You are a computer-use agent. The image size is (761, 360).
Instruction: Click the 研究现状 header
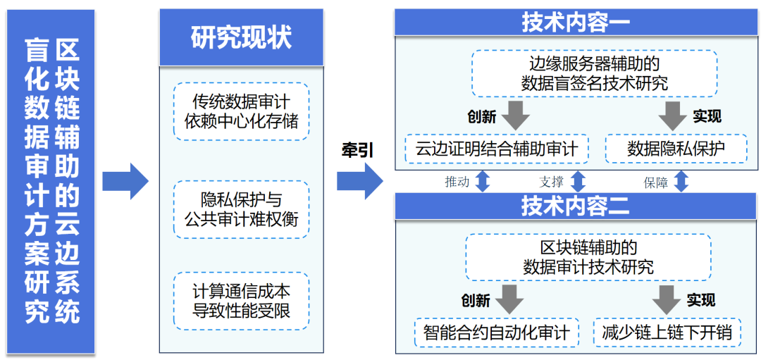(241, 37)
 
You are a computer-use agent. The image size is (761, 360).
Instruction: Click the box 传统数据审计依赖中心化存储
(241, 111)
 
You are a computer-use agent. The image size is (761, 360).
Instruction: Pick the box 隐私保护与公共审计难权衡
(241, 209)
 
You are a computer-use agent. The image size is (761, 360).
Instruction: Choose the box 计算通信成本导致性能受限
(241, 301)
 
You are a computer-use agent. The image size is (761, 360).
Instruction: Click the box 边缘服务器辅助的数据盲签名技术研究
(594, 73)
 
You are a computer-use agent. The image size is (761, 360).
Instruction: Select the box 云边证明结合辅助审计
(496, 149)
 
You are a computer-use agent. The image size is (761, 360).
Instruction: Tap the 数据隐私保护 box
(676, 149)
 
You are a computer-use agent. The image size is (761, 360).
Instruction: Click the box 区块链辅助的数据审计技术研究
(588, 257)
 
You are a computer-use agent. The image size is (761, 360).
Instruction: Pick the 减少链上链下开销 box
(666, 332)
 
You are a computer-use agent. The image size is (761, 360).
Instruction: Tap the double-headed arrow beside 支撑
(577, 180)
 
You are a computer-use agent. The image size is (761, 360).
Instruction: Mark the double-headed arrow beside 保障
(680, 180)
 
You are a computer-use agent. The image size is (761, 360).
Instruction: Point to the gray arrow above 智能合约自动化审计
(509, 299)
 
